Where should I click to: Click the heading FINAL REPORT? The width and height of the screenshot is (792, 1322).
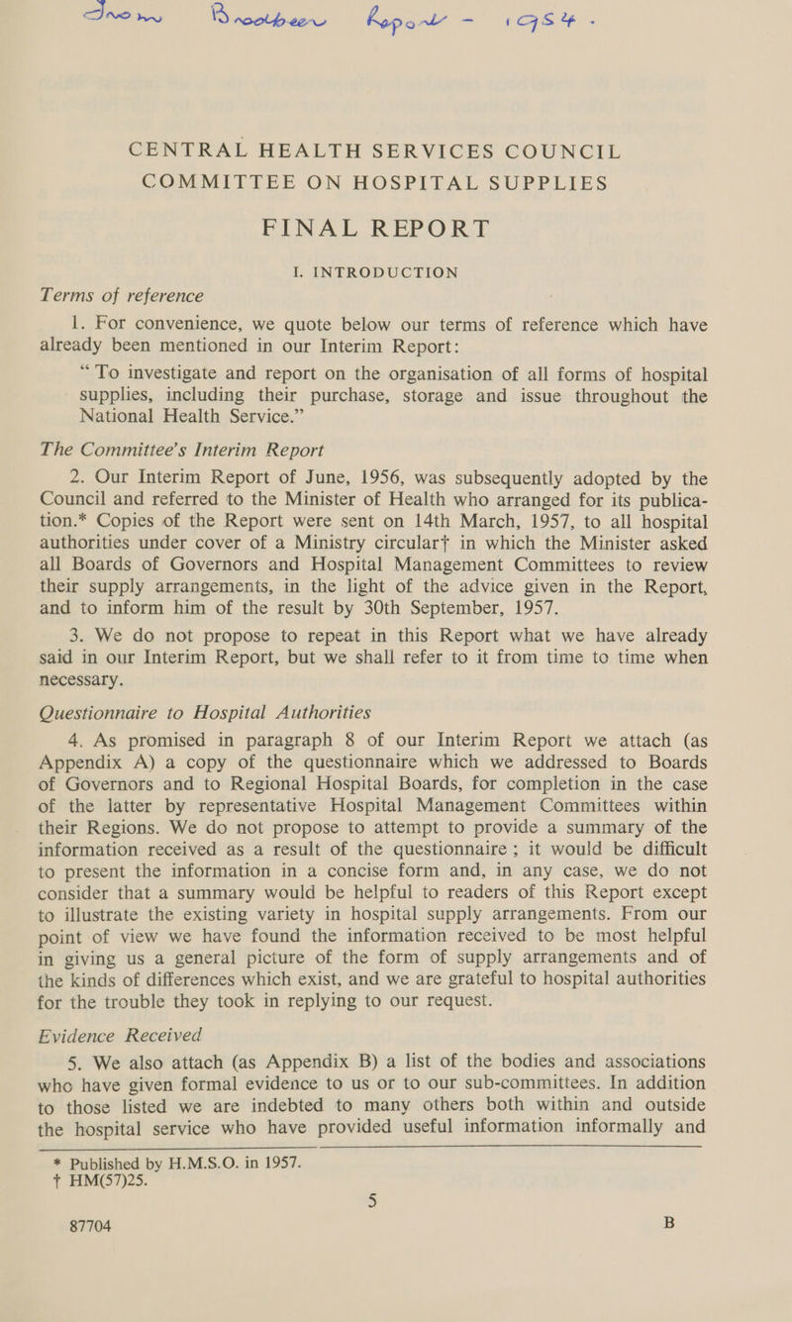coord(395,187)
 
